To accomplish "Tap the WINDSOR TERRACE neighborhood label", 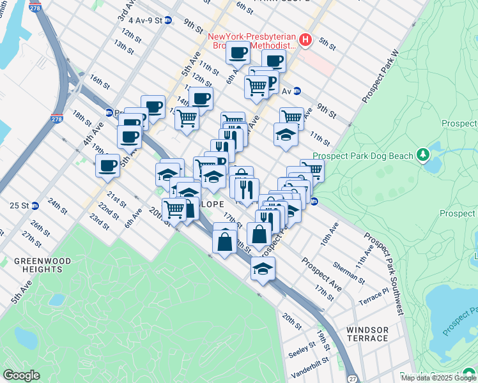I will point(367,334).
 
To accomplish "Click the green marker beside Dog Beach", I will point(422,154).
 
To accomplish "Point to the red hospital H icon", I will point(305,40).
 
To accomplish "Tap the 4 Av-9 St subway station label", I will point(141,20).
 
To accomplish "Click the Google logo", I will point(21,375).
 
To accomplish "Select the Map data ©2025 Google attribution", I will point(438,378).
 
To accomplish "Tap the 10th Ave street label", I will point(330,234).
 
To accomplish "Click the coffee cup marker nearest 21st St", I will point(107,166).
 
